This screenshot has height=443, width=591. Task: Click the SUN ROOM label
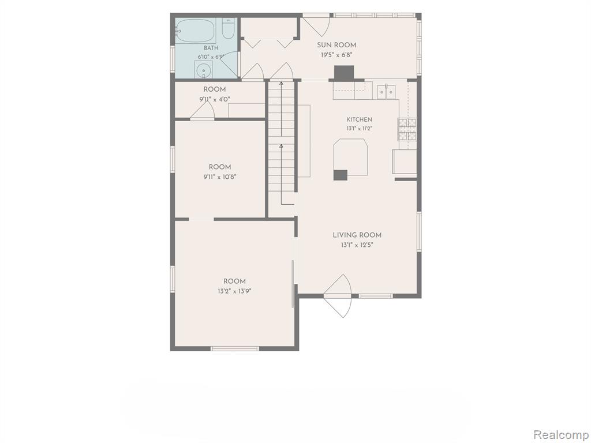pyautogui.click(x=336, y=45)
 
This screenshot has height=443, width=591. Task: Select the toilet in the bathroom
pyautogui.click(x=229, y=28)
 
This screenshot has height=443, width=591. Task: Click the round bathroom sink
pyautogui.click(x=204, y=70)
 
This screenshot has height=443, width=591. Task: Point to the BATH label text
pyautogui.click(x=211, y=48)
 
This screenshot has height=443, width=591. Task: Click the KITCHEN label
pyautogui.click(x=359, y=119)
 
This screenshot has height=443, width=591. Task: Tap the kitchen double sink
pyautogui.click(x=386, y=91)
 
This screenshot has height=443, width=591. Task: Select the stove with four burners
pyautogui.click(x=407, y=129)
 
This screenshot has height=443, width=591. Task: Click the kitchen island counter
pyautogui.click(x=350, y=157)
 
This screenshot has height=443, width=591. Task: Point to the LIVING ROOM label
pyautogui.click(x=357, y=235)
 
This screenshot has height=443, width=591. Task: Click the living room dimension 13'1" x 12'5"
pyautogui.click(x=357, y=245)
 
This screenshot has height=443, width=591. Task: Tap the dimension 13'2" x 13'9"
pyautogui.click(x=234, y=291)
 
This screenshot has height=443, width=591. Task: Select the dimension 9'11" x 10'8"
pyautogui.click(x=220, y=177)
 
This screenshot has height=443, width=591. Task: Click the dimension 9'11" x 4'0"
pyautogui.click(x=215, y=99)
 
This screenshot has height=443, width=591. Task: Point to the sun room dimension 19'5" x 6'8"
pyautogui.click(x=336, y=55)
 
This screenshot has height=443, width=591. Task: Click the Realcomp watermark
pyautogui.click(x=561, y=434)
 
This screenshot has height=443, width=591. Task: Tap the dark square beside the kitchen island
pyautogui.click(x=341, y=175)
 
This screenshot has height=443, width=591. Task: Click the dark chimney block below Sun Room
pyautogui.click(x=345, y=73)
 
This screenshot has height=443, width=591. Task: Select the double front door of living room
pyautogui.click(x=338, y=296)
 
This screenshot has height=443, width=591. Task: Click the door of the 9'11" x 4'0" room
pyautogui.click(x=203, y=111)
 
